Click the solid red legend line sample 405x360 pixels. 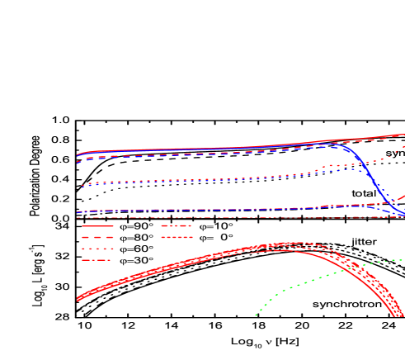coord(97,225)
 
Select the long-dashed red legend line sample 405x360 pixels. coord(97,237)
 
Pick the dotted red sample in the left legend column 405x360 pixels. coord(97,249)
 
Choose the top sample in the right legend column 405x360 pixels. coord(176,225)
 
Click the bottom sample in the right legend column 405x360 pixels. coord(177,237)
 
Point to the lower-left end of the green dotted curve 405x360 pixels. coord(257,315)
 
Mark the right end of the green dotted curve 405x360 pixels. coord(403,260)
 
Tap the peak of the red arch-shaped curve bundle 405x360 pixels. coord(289,246)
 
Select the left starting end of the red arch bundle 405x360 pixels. coord(78,298)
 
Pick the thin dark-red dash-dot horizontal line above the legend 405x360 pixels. coord(247,218)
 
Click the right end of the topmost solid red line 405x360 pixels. coord(403,135)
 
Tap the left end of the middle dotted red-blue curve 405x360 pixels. coord(78,186)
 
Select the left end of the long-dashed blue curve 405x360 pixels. coord(78,163)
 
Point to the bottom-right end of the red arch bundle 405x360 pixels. coord(399,316)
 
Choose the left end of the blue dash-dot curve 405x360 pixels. coord(78,213)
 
